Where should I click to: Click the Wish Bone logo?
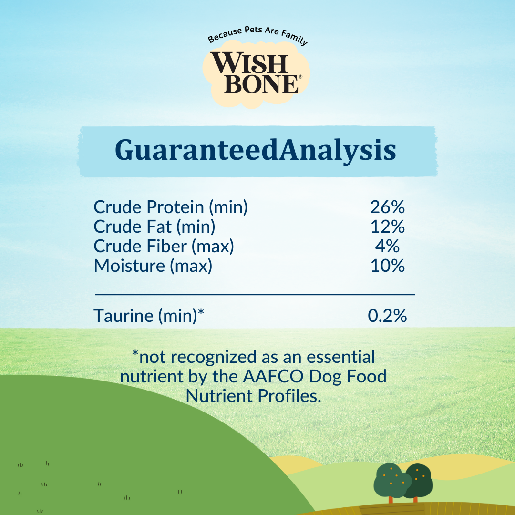(256, 73)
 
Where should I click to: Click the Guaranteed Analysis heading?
(256, 150)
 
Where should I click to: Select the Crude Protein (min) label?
(170, 207)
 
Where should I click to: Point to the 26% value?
(387, 207)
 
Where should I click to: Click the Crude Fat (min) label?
(154, 227)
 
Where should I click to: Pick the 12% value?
(388, 227)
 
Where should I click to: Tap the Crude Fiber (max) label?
(164, 246)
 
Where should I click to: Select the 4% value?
(387, 246)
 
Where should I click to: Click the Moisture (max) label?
(153, 266)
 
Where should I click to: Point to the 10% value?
(388, 266)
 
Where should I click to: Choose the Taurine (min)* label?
(149, 316)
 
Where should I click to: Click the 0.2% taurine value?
(387, 316)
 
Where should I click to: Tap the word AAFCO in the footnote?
(273, 376)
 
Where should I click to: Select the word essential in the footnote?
(340, 357)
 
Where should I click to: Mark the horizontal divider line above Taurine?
(255, 295)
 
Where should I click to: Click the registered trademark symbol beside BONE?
(300, 76)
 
